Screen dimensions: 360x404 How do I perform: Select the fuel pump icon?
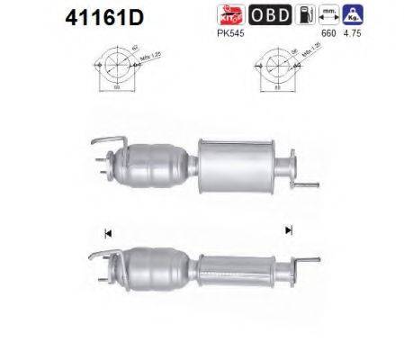[x=305, y=14]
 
